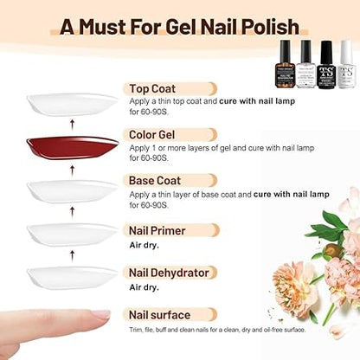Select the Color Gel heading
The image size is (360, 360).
click(156, 135)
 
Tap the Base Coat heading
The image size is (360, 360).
click(155, 182)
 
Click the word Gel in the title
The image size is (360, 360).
click(198, 27)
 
